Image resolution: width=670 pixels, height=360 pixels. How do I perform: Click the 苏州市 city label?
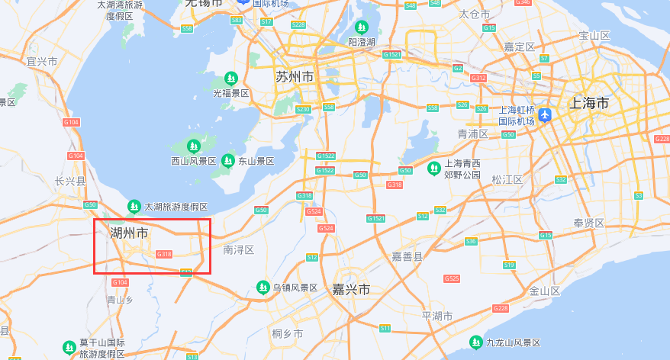295,77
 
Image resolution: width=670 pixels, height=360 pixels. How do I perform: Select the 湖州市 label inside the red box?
129,233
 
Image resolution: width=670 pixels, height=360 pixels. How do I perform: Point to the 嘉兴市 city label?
351,290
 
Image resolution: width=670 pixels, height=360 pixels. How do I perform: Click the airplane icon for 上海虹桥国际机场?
544,115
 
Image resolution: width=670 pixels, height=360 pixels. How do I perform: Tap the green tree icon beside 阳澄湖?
362,27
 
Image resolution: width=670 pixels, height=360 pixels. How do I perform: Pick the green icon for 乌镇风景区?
263,288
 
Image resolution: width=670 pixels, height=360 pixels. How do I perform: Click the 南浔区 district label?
238,249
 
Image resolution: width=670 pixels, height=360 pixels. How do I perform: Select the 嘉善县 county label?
407,257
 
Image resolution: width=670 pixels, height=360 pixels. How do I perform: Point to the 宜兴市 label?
42,61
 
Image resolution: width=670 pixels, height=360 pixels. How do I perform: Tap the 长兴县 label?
70,181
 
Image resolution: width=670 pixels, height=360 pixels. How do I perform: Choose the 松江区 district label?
507,180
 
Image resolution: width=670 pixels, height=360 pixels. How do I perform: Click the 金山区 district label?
545,291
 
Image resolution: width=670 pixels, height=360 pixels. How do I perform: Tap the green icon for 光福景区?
231,79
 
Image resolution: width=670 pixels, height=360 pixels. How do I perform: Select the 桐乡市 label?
288,334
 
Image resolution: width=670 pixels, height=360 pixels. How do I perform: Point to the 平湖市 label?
437,316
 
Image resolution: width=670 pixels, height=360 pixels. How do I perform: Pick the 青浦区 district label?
472,133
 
